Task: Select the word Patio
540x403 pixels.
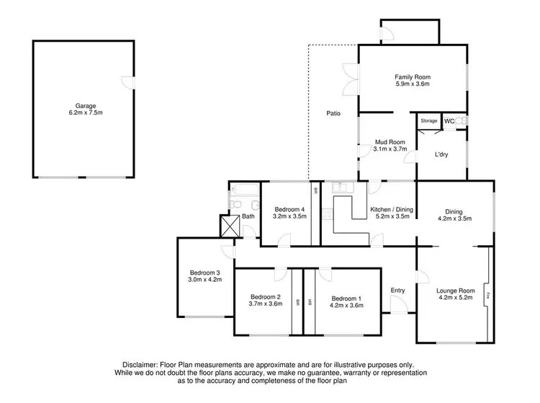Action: [x=333, y=113]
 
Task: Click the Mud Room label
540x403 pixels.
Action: [x=390, y=141]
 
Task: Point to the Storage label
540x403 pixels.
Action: [x=429, y=121]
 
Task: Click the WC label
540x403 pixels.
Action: [x=449, y=121]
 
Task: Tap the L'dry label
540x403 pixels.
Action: [x=442, y=154]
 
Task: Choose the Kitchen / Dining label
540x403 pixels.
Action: [x=390, y=210]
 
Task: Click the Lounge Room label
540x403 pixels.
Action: [x=456, y=291]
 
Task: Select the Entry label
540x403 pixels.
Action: [x=397, y=291]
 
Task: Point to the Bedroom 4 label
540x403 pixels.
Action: [x=289, y=210]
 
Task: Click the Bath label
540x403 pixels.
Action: [x=248, y=216]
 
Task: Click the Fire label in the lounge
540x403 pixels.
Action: [x=487, y=295]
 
